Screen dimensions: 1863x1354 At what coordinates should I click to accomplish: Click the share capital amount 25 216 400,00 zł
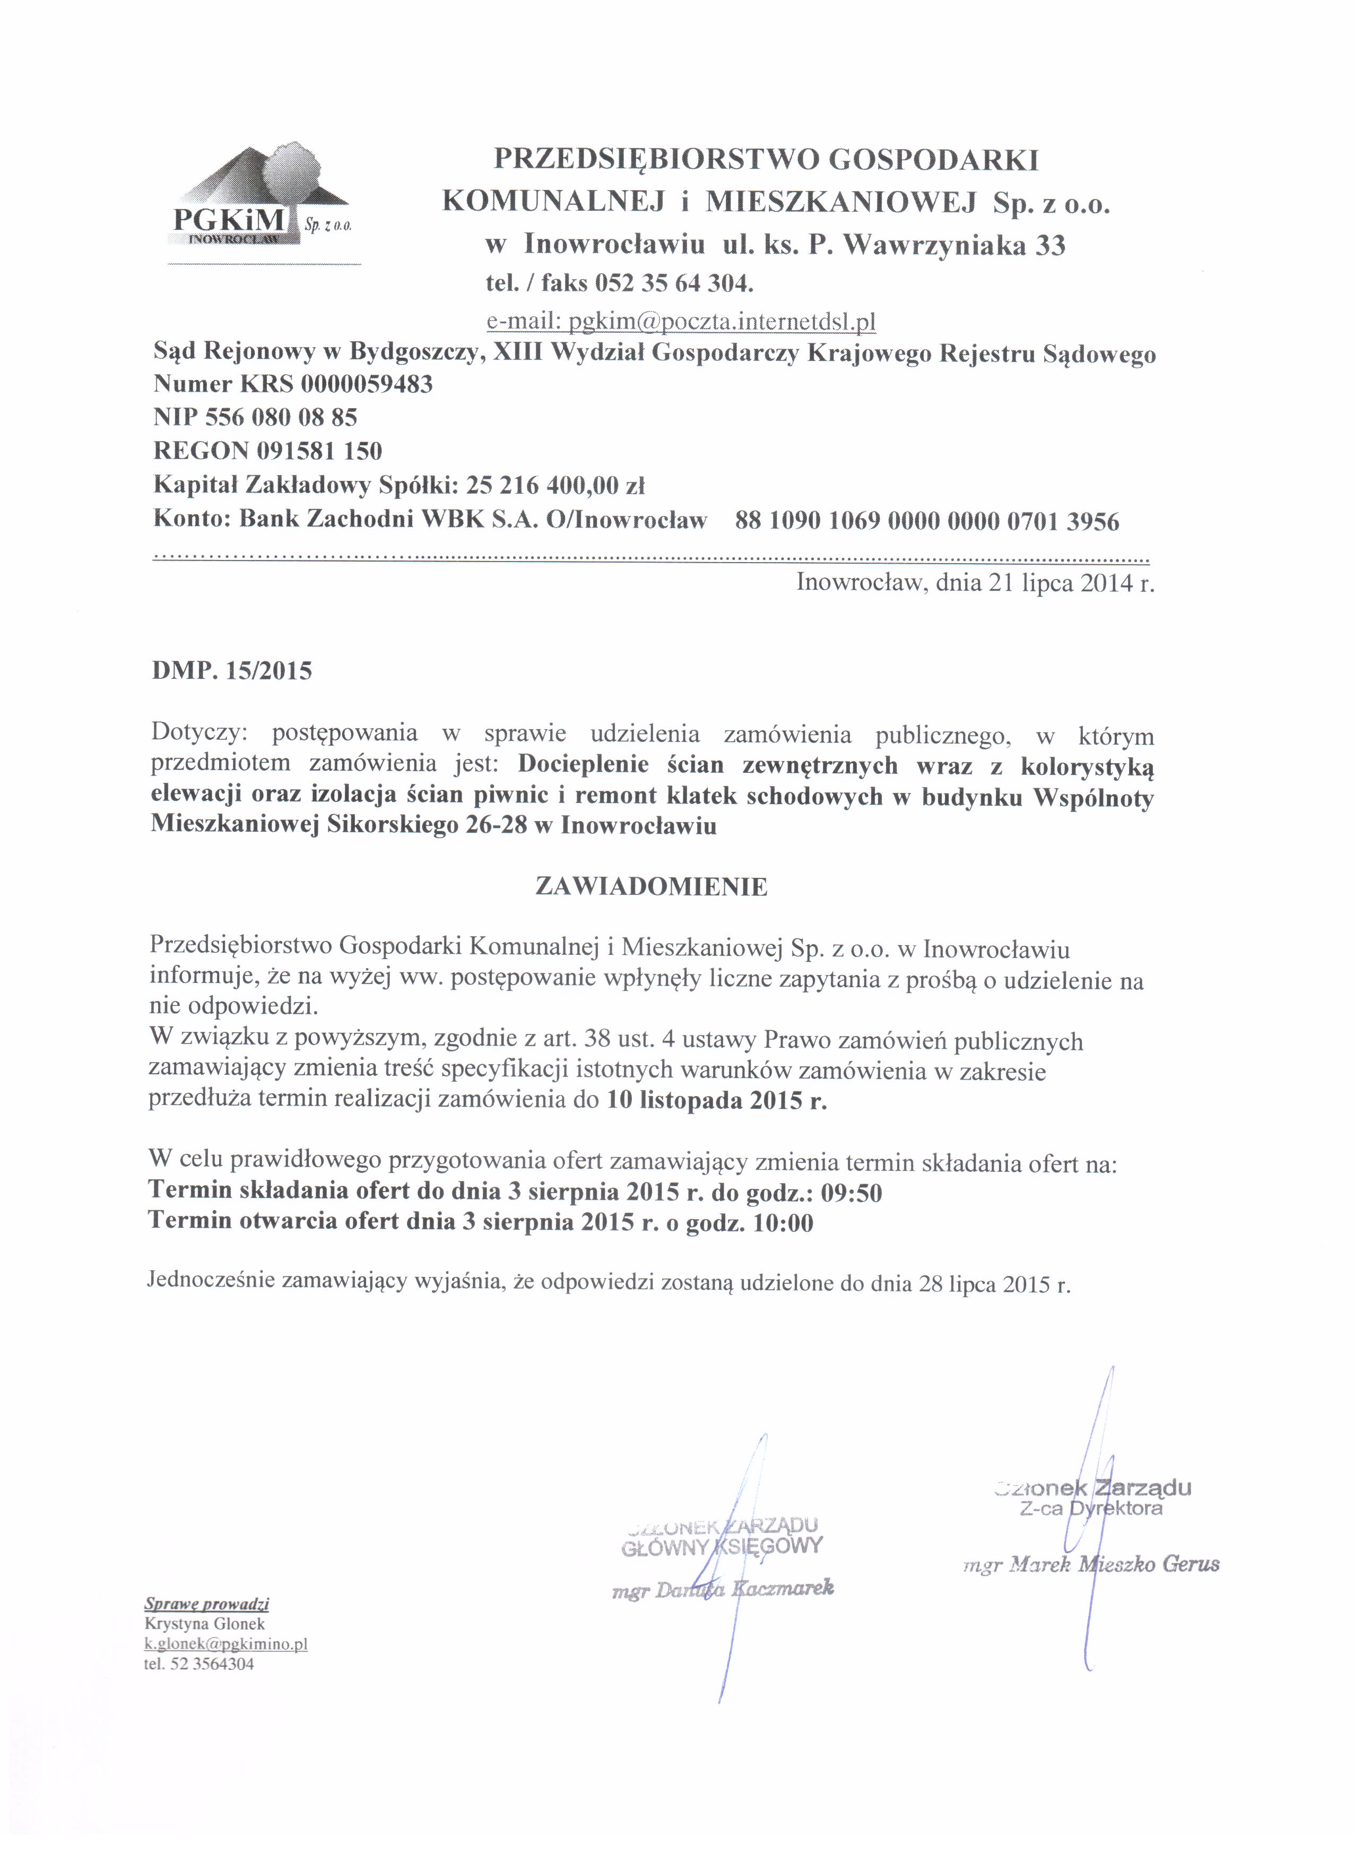[x=555, y=486]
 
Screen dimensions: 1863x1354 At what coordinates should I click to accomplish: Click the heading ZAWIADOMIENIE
[x=651, y=887]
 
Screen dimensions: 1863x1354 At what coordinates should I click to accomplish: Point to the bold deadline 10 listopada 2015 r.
[x=717, y=1101]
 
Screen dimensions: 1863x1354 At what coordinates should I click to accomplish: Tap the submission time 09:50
[x=852, y=1193]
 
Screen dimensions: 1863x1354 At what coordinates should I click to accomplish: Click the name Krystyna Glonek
[x=204, y=1624]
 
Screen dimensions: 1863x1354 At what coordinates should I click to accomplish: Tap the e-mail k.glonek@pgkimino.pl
[x=226, y=1644]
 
